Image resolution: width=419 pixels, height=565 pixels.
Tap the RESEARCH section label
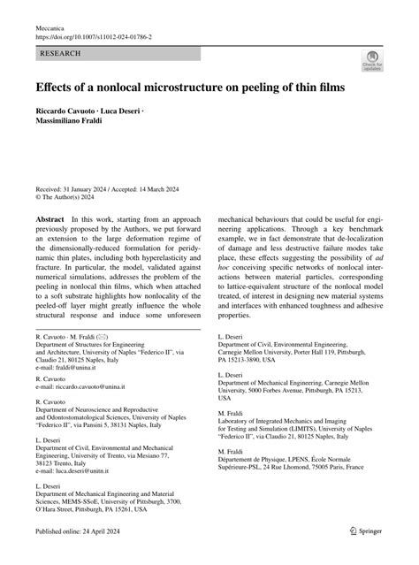60,54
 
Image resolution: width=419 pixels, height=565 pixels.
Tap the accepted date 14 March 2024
181,188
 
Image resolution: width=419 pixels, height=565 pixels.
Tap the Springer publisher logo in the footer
367,554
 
